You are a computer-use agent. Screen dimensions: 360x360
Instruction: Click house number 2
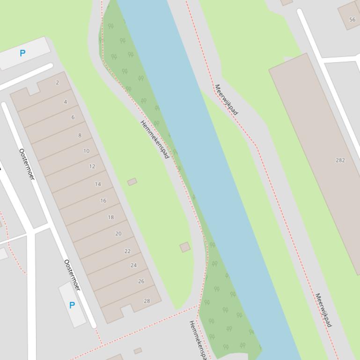coord(57,83)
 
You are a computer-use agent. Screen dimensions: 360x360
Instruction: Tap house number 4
coord(65,102)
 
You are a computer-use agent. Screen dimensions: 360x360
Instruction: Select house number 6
coord(73,117)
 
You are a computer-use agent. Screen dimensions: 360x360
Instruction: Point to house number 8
coord(80,136)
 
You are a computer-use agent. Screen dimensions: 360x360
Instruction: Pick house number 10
coord(86,151)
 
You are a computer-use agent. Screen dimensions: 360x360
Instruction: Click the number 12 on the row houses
coord(92,166)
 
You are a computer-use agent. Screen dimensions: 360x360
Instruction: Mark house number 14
coord(98,184)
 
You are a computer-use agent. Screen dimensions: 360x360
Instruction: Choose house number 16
coord(103,201)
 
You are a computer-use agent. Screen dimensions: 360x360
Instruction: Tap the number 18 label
coord(110,217)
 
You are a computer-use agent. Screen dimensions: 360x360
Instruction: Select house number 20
coord(118,234)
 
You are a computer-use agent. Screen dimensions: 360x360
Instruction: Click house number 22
coord(127,251)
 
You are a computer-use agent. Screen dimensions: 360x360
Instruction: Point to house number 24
coord(133,265)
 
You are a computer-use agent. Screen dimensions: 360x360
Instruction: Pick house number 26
coord(141,281)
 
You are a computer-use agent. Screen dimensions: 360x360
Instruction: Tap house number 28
coord(147,301)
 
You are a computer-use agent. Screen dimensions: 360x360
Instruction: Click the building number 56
coord(352,20)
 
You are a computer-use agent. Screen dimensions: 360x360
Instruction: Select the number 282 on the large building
coord(340,160)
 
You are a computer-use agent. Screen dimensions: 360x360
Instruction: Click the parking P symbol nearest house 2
coord(22,53)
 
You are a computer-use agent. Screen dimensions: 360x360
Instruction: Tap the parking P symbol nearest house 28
coord(72,305)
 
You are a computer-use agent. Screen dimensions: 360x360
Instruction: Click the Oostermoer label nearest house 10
coord(27,164)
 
